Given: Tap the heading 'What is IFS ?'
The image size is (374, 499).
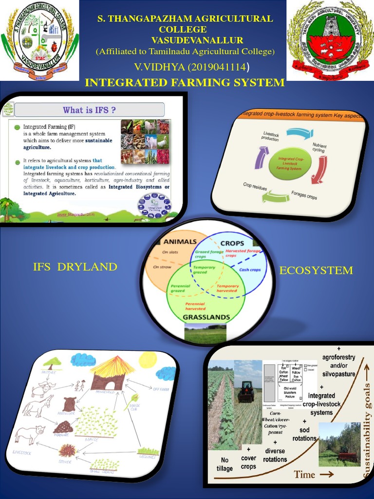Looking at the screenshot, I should pyautogui.click(x=89, y=110).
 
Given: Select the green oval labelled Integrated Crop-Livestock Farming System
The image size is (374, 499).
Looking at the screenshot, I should pyautogui.click(x=290, y=163).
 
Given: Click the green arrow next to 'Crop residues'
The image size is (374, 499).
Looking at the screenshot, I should pyautogui.click(x=276, y=196).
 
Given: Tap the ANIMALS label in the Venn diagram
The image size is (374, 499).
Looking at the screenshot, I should pyautogui.click(x=180, y=242).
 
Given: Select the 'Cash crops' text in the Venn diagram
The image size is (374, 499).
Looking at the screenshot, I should pyautogui.click(x=250, y=269).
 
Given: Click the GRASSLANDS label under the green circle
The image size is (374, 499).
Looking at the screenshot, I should pyautogui.click(x=206, y=317).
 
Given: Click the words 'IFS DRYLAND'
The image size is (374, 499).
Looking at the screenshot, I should pyautogui.click(x=75, y=267).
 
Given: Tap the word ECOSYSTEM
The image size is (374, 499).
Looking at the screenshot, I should pyautogui.click(x=316, y=270).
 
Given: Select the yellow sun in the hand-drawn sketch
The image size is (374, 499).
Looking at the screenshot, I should pyautogui.click(x=148, y=361).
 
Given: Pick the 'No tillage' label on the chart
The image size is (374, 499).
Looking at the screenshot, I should pyautogui.click(x=224, y=464).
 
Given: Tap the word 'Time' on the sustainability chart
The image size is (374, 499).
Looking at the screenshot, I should pyautogui.click(x=305, y=474).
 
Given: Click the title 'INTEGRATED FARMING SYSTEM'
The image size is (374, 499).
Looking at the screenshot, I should pyautogui.click(x=185, y=83).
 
